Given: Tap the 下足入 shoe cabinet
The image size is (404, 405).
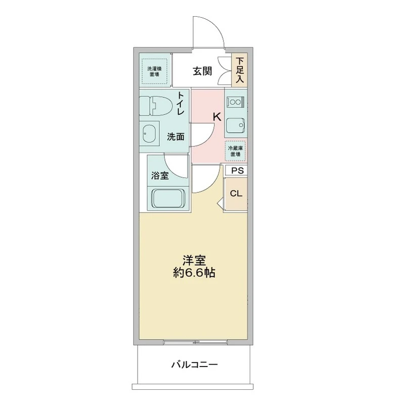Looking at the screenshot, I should (x=239, y=70).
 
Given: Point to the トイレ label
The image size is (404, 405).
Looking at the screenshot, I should (x=180, y=104).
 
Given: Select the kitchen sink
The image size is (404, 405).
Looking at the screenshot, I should (x=235, y=125).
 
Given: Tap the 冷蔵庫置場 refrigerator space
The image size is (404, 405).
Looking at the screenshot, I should (x=236, y=150).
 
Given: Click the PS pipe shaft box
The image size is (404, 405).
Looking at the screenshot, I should (x=236, y=171).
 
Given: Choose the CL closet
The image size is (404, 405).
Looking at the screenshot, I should (x=236, y=194).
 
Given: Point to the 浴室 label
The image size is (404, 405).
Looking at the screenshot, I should (x=159, y=176).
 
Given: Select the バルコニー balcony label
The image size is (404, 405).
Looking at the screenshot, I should (x=194, y=364).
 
